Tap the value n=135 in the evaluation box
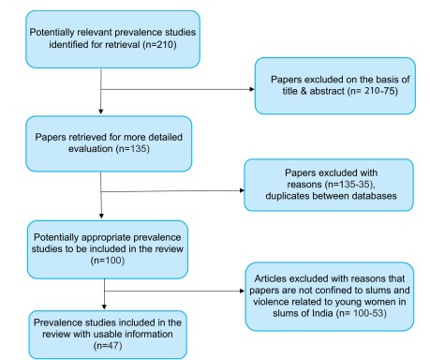click(132, 149)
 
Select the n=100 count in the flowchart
click(108, 261)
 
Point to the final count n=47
click(108, 346)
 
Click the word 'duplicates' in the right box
click(288, 196)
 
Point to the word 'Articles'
click(271, 278)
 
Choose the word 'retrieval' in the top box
click(123, 45)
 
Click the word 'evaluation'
click(91, 149)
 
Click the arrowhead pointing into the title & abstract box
click(252, 89)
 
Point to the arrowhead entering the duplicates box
click(242, 190)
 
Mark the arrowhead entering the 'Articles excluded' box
click(243, 291)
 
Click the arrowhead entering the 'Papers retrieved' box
click(101, 112)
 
